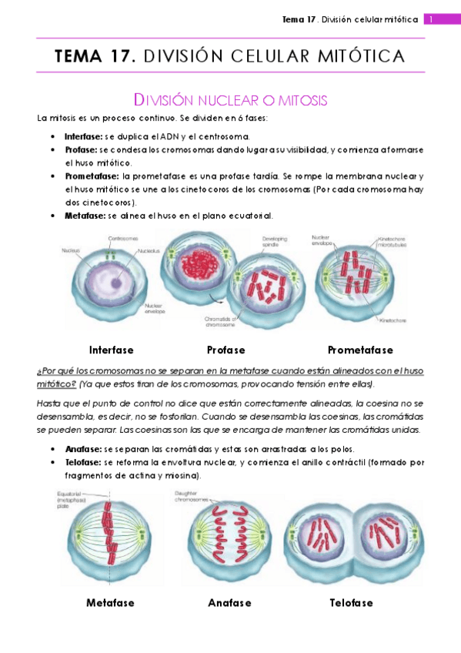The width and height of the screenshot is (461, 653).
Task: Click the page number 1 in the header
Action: pos(432,19)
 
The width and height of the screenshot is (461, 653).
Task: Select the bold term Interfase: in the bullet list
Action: pos(82,136)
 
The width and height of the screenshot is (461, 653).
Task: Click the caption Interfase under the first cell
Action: pos(111,349)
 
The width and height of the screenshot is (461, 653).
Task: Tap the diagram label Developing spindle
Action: pos(274,240)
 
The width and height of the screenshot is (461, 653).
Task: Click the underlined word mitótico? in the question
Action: pos(56,383)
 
